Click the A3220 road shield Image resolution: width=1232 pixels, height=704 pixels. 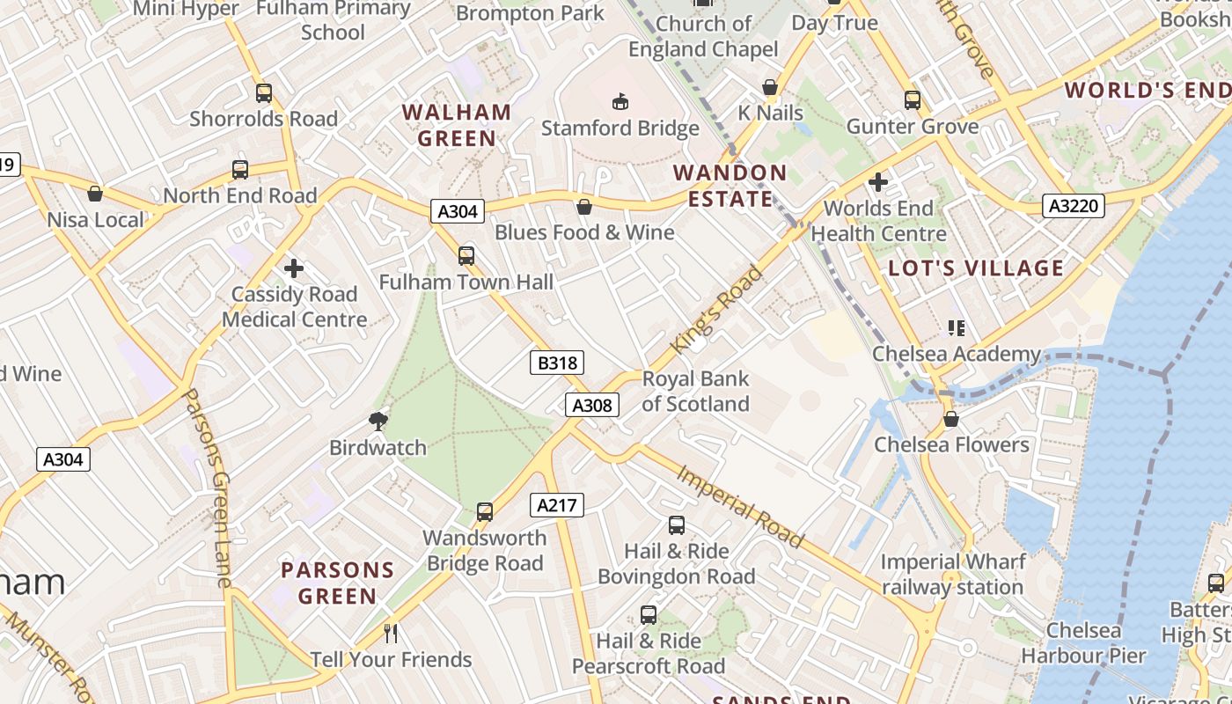click(1073, 206)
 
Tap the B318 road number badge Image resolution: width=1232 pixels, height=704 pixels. click(558, 363)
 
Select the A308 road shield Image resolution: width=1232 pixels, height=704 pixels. click(591, 405)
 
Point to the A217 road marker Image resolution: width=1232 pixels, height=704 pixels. click(557, 505)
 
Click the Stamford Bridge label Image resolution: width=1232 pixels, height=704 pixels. click(620, 128)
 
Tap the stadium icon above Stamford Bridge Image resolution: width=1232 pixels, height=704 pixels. click(620, 101)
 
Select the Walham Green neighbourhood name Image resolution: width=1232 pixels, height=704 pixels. click(457, 125)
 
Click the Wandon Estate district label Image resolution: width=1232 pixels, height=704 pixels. click(730, 186)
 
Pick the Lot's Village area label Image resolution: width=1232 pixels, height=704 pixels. click(976, 268)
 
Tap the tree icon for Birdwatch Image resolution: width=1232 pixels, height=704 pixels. click(378, 422)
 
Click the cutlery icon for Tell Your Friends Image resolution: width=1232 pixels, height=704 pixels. click(391, 634)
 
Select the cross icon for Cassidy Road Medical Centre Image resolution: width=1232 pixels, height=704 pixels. click(294, 268)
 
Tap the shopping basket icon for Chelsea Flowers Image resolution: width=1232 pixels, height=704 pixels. click(950, 419)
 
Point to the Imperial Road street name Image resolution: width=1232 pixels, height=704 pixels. click(740, 506)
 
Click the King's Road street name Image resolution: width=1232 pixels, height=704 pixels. click(716, 310)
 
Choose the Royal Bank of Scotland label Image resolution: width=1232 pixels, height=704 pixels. click(695, 392)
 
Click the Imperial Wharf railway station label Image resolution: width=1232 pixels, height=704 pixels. click(952, 575)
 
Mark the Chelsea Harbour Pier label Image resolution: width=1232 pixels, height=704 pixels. click(1083, 643)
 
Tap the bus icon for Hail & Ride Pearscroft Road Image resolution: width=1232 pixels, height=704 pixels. click(649, 615)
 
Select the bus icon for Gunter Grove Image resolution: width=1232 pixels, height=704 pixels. click(913, 100)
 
